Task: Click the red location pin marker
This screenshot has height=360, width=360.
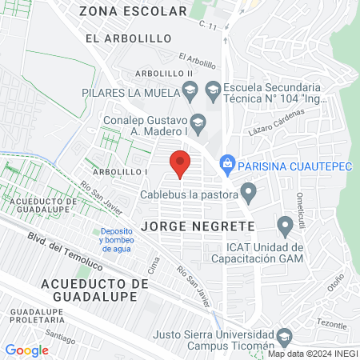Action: pyautogui.click(x=180, y=163)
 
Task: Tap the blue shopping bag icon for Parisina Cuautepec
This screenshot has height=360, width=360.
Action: pyautogui.click(x=227, y=163)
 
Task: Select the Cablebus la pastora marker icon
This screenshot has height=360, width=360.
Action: pyautogui.click(x=249, y=192)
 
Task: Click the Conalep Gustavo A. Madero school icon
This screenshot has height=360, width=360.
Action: pyautogui.click(x=200, y=122)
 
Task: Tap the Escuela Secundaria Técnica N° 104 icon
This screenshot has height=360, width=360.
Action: pyautogui.click(x=213, y=92)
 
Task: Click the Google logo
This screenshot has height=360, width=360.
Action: pyautogui.click(x=26, y=350)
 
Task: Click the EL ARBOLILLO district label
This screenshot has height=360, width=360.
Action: pyautogui.click(x=118, y=38)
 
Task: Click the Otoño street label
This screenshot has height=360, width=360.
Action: pyautogui.click(x=336, y=283)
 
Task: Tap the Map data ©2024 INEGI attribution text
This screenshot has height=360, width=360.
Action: pyautogui.click(x=311, y=354)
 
